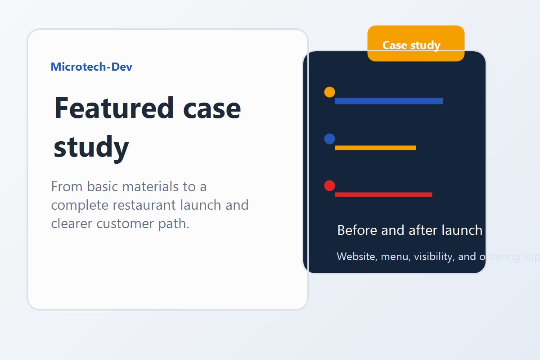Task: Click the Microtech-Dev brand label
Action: click(x=91, y=67)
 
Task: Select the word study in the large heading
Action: click(x=91, y=147)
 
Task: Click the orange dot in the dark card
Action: click(x=329, y=92)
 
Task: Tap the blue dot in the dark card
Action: click(x=329, y=139)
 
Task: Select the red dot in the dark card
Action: click(x=329, y=186)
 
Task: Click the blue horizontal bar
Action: click(x=389, y=101)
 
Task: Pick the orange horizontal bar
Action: click(x=375, y=148)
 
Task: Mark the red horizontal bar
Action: click(x=383, y=194)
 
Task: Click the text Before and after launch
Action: click(x=409, y=230)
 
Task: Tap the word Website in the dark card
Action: click(x=357, y=256)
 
